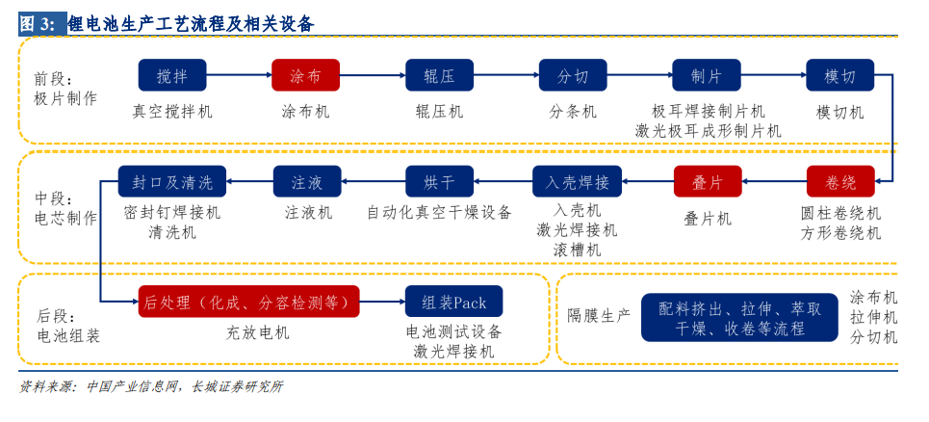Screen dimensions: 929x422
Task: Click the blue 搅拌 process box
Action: (x=172, y=75)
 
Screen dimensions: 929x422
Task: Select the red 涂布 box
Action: (x=306, y=75)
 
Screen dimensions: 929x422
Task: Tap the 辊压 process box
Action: (x=439, y=75)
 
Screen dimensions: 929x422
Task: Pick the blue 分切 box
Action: (x=573, y=75)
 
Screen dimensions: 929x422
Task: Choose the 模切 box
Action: (x=840, y=75)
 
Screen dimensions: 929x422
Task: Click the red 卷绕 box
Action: (x=840, y=181)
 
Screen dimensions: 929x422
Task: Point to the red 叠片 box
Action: (x=708, y=181)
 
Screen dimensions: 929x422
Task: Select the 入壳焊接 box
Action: (x=577, y=181)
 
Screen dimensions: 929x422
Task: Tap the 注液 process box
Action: (x=307, y=181)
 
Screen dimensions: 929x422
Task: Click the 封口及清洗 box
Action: (x=172, y=181)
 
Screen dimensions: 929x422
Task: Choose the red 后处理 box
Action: (x=248, y=302)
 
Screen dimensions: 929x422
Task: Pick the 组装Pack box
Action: (x=453, y=302)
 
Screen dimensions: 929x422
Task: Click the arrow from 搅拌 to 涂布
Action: (x=240, y=75)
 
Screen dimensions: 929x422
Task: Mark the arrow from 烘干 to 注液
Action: (x=374, y=181)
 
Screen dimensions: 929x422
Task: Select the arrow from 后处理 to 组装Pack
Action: (x=383, y=302)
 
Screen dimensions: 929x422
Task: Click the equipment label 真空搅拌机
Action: (x=172, y=111)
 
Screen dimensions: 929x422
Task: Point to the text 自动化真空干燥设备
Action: (x=439, y=212)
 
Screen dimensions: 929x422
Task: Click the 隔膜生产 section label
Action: (x=599, y=315)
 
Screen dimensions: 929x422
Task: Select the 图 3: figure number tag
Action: (x=40, y=24)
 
